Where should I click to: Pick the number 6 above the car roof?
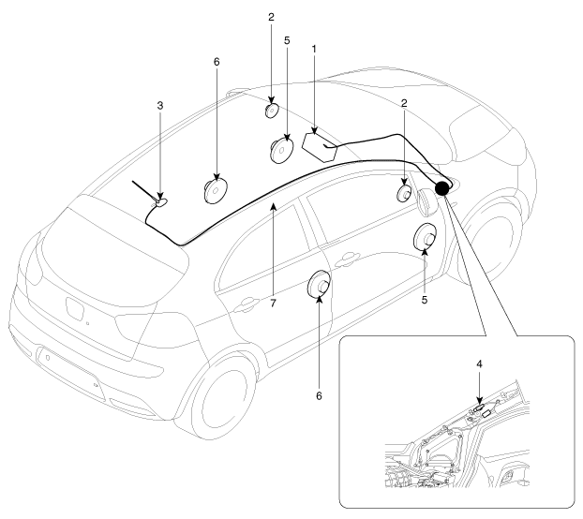click(216, 62)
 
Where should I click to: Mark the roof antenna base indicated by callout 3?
click(162, 200)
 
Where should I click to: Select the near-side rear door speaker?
click(320, 286)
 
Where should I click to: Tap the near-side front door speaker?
click(424, 238)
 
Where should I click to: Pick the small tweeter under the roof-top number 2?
click(271, 110)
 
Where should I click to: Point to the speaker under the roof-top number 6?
click(217, 190)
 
